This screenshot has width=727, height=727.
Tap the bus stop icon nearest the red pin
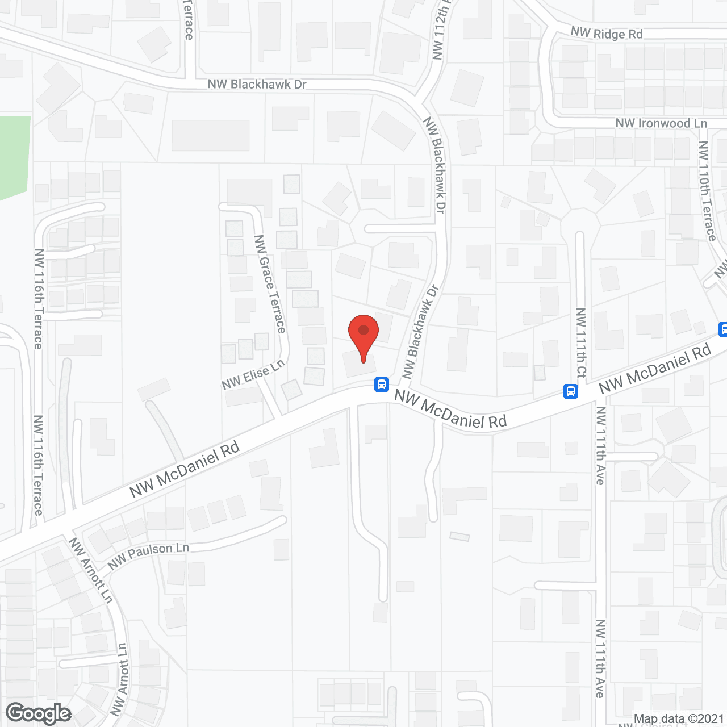(382, 385)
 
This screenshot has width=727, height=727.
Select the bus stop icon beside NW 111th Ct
(571, 391)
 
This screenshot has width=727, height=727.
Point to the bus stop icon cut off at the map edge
(723, 329)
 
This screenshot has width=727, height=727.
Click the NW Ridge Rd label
(607, 34)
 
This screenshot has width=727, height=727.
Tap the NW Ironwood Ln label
(661, 123)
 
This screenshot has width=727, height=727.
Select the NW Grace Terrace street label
(270, 284)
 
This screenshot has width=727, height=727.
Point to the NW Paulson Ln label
(148, 554)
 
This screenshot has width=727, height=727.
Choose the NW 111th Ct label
(580, 343)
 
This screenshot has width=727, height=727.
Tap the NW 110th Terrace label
(707, 191)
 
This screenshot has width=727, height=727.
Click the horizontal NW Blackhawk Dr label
(257, 85)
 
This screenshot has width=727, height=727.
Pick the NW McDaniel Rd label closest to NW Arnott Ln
(185, 470)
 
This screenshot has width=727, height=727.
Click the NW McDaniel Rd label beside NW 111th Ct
(654, 369)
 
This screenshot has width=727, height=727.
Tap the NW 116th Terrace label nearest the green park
(38, 298)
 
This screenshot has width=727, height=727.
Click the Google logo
(39, 713)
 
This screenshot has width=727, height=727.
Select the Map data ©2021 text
(679, 719)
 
